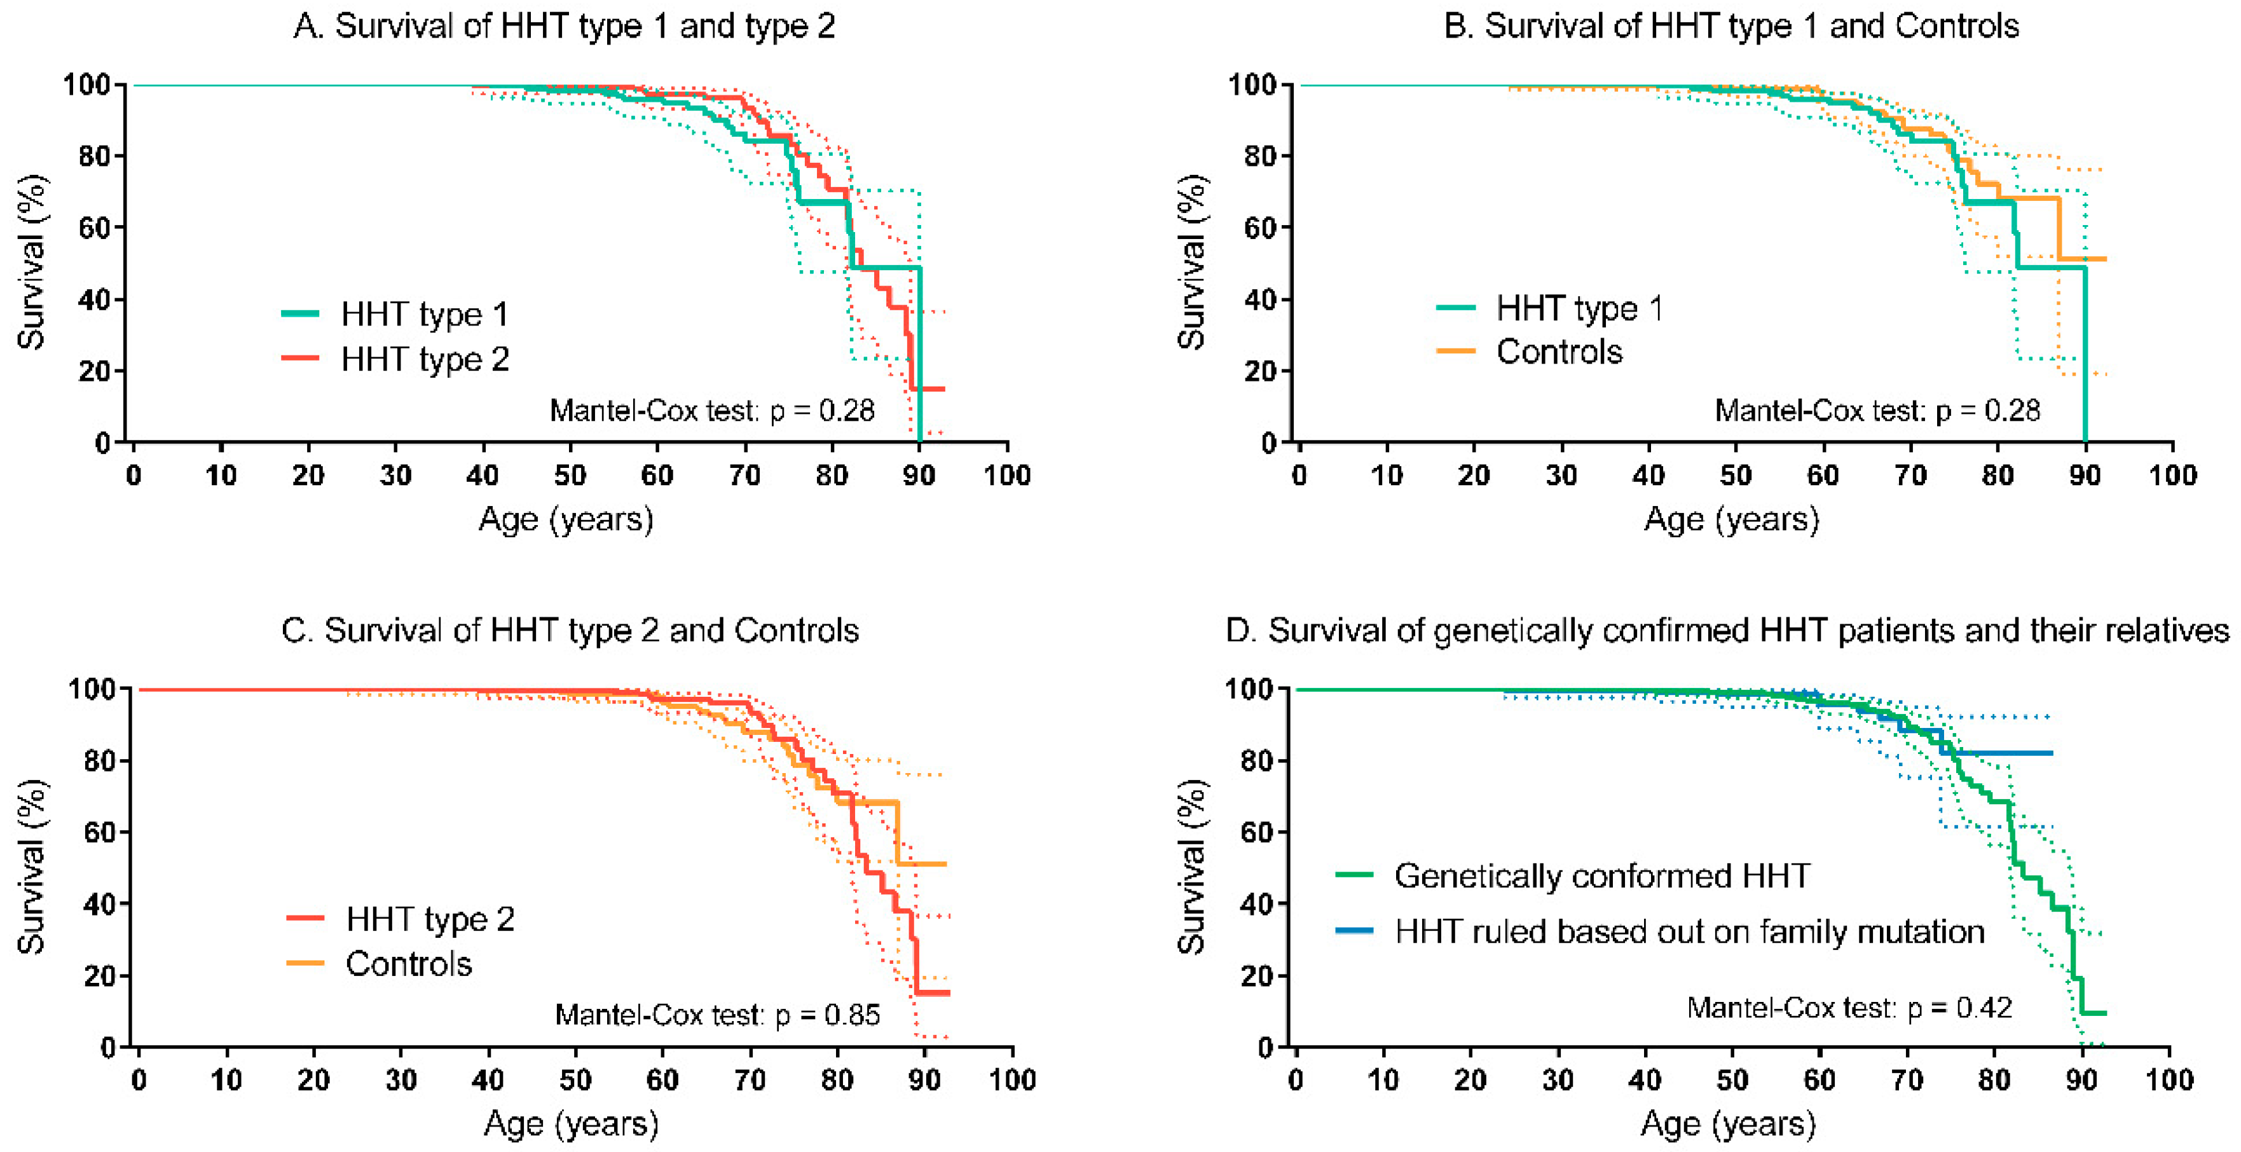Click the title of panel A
coord(565,26)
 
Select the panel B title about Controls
coord(1731,26)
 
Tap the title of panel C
coord(570,630)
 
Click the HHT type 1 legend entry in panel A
coord(396,314)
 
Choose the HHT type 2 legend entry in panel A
coord(396,359)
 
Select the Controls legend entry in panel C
coord(380,964)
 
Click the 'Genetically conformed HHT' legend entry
coord(1573,875)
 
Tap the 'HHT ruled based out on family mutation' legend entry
coord(1660,931)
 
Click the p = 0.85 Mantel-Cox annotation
coord(718,1015)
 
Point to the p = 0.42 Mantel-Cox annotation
coord(1849,1008)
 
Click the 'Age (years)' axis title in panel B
coord(1731,520)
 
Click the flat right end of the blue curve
coord(2052,753)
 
